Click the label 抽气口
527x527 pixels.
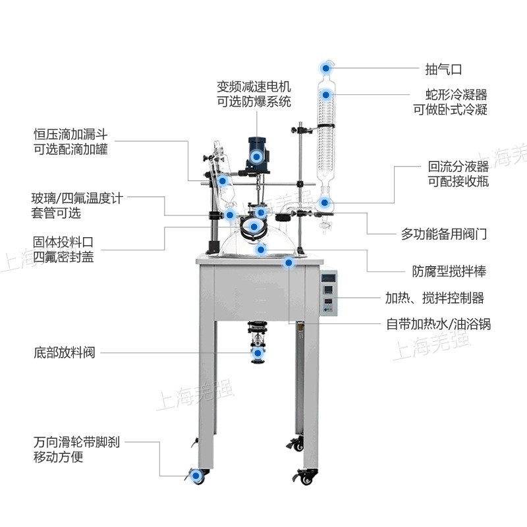coord(443,70)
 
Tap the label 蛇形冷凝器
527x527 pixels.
coord(456,95)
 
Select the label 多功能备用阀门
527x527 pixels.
coord(443,234)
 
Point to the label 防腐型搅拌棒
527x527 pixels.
coord(449,271)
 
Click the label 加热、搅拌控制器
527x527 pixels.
coord(434,298)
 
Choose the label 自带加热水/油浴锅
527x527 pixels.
coord(438,324)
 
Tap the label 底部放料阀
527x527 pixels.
coord(65,352)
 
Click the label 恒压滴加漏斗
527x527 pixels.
coord(70,134)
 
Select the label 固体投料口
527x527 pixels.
coord(63,242)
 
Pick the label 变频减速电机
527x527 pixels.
coord(254,87)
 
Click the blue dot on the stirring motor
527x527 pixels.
coord(256,157)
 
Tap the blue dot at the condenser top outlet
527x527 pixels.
coord(325,69)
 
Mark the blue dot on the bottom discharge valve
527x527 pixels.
coord(258,353)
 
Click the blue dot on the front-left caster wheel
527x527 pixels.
coord(196,476)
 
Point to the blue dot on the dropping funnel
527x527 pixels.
coord(223,181)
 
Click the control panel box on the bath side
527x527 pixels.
coord(328,292)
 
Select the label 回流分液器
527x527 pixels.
coord(458,167)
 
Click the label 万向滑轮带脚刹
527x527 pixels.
coord(76,442)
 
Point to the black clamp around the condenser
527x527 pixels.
coord(325,126)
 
